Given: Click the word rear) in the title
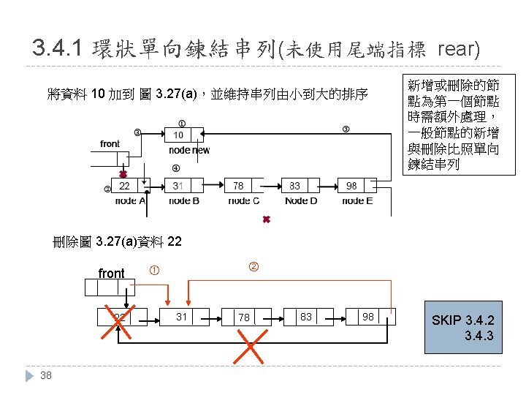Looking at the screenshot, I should click(x=458, y=50).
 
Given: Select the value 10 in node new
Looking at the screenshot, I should click(x=178, y=135).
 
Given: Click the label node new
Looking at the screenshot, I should click(x=188, y=150).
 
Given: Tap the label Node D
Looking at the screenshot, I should click(x=301, y=200).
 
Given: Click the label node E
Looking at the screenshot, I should click(x=357, y=200).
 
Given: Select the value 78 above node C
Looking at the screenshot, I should click(x=239, y=187).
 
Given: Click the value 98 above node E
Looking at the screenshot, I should click(x=351, y=187).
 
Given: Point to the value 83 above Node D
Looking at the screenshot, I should click(x=294, y=187).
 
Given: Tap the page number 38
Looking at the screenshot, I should click(x=46, y=376).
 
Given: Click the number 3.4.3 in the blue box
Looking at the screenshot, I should click(x=479, y=336).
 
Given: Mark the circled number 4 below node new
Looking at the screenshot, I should click(x=175, y=169).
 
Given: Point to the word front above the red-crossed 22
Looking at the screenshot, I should click(x=111, y=274).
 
